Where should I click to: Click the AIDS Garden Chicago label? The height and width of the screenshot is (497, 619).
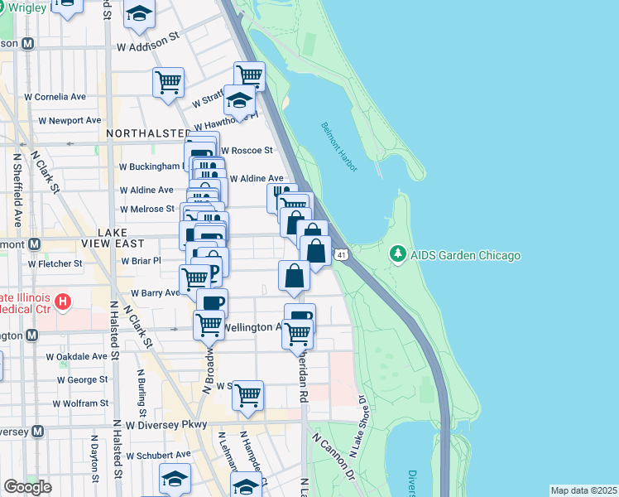[x=466, y=255]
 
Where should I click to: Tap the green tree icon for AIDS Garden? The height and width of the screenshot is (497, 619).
[x=398, y=254]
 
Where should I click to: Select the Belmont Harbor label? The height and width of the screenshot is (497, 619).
[x=339, y=147]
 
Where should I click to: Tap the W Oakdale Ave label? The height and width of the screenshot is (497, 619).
[x=76, y=357]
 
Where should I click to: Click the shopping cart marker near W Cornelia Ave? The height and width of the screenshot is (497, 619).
[x=168, y=82]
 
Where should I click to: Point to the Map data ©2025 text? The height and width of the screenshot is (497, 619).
[x=583, y=490]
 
